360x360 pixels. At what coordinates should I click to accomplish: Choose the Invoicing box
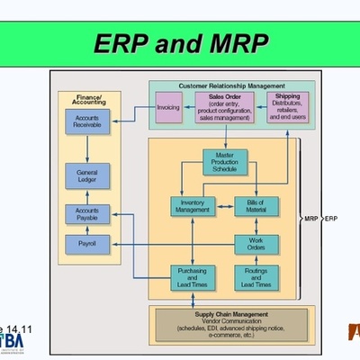point(168,109)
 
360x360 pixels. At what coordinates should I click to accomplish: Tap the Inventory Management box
point(193,206)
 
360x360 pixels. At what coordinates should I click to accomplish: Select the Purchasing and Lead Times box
point(193,277)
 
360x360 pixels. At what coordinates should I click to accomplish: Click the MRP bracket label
point(311,219)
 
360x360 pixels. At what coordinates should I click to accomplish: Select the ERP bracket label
point(331,219)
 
